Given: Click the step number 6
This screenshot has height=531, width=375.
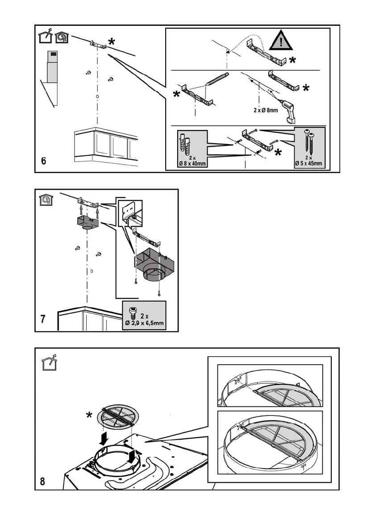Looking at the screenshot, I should tap(43, 162).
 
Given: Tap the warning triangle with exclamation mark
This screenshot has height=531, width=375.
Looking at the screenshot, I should tap(280, 42).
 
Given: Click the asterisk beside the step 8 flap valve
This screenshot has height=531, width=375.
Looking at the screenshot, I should tap(90, 415).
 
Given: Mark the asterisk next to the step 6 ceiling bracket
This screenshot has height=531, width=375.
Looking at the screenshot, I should tap(111, 42).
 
